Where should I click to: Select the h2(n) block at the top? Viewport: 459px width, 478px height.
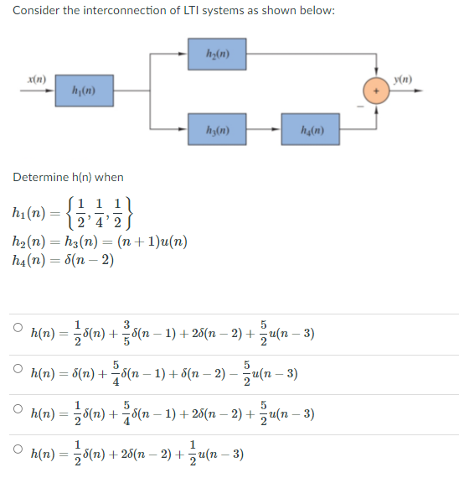point(216,55)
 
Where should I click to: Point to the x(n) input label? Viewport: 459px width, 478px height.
point(38,78)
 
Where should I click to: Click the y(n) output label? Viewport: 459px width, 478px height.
point(405,81)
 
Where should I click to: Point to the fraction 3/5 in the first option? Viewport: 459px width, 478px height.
point(127,331)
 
